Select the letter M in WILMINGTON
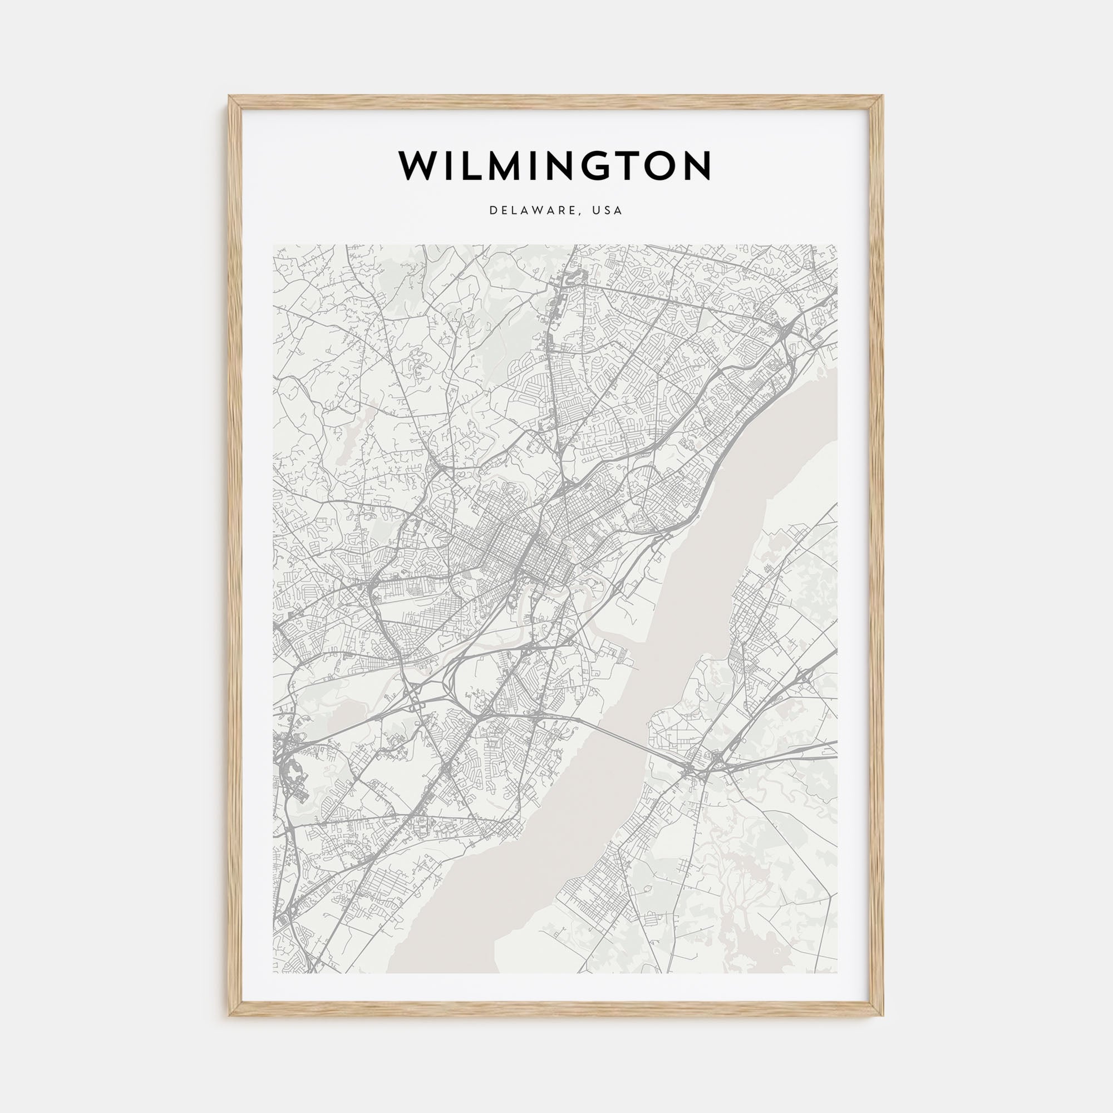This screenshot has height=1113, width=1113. coord(504,166)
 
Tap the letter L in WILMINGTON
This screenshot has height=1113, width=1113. coord(472,166)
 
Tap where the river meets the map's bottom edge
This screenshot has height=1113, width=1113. coord(441,972)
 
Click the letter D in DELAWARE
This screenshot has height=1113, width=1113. coord(493,210)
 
